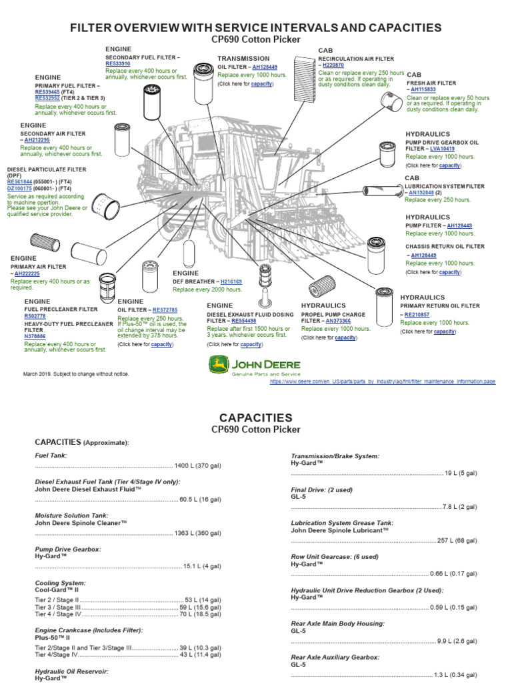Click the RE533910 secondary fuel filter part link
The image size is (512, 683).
pyautogui.click(x=118, y=63)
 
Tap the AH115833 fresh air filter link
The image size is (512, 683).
pyautogui.click(x=425, y=89)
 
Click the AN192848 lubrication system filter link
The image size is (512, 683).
pyautogui.click(x=421, y=192)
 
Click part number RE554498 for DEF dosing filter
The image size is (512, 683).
pyautogui.click(x=243, y=320)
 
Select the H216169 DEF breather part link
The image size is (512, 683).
pyautogui.click(x=231, y=282)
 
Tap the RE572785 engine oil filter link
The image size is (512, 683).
pyautogui.click(x=165, y=310)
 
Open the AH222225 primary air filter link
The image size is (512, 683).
pyautogui.click(x=28, y=273)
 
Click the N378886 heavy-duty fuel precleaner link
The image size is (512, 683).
pyautogui.click(x=35, y=337)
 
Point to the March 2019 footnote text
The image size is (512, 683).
pyautogui.click(x=76, y=374)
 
